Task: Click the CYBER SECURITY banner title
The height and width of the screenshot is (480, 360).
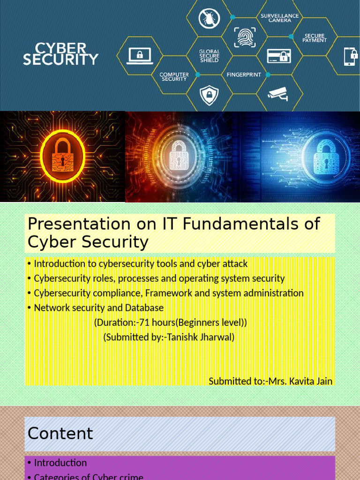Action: click(60, 54)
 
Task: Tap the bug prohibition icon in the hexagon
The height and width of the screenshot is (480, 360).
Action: click(209, 18)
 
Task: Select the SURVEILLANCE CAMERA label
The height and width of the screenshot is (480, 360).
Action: click(280, 18)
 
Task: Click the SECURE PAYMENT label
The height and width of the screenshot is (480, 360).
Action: click(314, 38)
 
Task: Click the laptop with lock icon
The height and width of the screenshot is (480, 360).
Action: click(139, 56)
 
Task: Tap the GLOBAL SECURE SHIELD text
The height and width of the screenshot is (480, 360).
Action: click(209, 56)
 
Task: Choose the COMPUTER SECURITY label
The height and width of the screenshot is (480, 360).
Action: click(174, 76)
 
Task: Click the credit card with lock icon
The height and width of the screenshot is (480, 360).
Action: click(279, 56)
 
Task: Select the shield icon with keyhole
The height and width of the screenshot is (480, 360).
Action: click(209, 95)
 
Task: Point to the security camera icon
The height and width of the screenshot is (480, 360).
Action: click(278, 94)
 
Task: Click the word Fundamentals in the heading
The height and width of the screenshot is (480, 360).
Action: click(241, 224)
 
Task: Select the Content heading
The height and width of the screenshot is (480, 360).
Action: click(60, 434)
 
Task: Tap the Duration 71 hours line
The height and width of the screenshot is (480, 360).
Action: click(170, 322)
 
